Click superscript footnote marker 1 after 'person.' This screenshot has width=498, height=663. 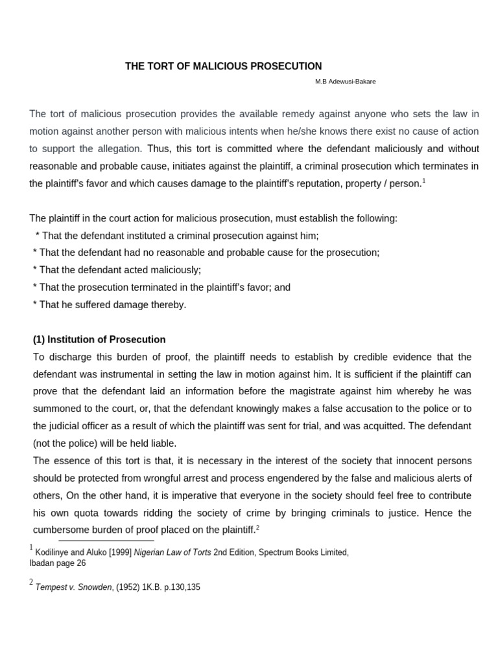click(423, 181)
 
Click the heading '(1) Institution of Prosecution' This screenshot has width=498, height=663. click(99, 339)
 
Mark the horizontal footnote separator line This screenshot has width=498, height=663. click(106, 540)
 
